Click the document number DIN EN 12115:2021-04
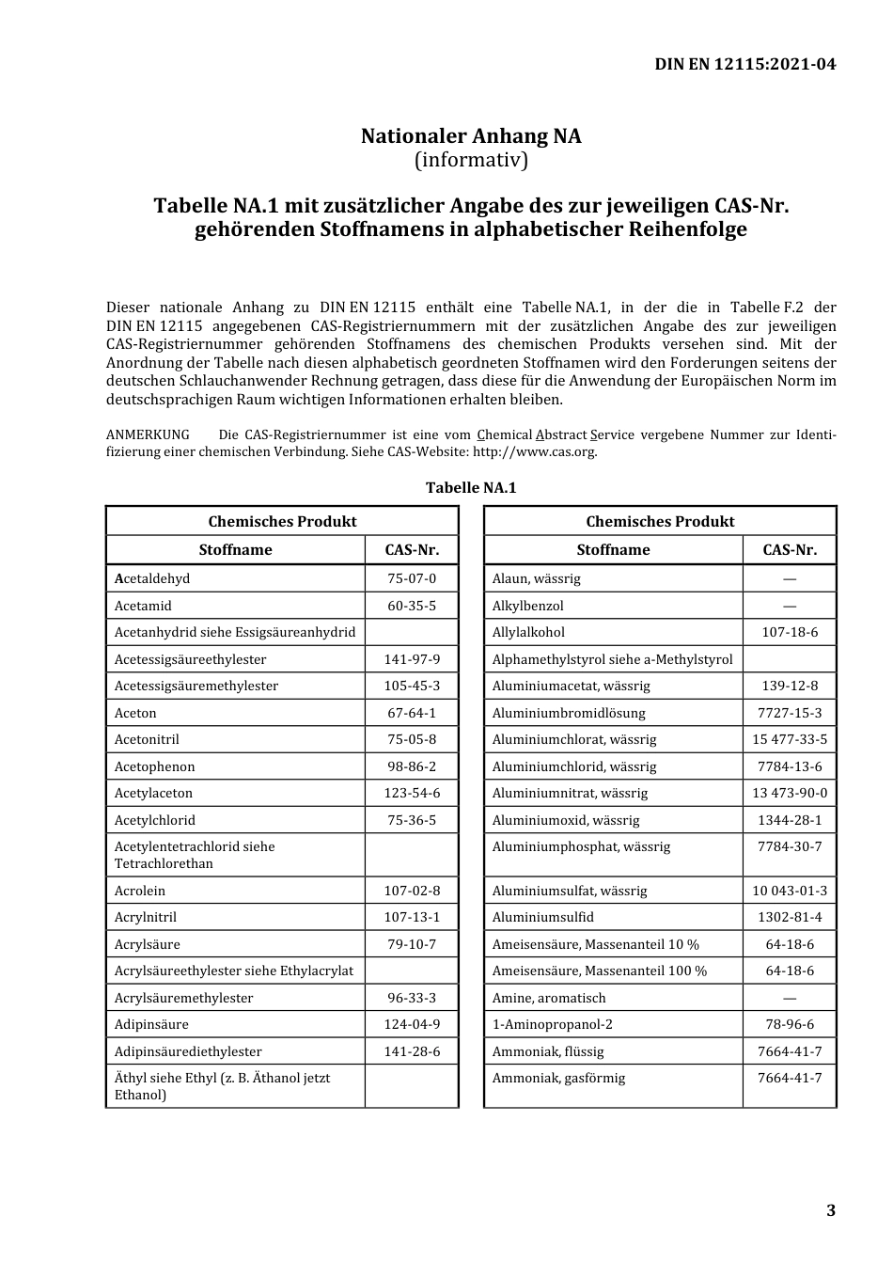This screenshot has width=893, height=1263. point(744,64)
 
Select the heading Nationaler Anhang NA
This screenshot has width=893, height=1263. point(471,136)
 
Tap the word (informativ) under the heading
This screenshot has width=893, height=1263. point(471,160)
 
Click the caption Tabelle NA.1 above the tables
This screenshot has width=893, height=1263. point(471,487)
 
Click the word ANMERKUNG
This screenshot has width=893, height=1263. point(148,434)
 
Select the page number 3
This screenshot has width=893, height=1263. point(830,1210)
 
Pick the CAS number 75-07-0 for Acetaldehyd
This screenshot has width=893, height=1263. point(412,578)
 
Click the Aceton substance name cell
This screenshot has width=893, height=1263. point(136,713)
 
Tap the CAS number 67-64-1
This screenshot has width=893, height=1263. point(412,713)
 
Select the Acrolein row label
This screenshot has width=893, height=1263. point(140,891)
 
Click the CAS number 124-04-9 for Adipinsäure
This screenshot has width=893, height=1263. point(412,1024)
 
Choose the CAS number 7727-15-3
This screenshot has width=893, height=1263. point(790,713)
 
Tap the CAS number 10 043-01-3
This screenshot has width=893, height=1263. point(790,891)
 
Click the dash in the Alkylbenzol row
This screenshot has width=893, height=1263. point(790,606)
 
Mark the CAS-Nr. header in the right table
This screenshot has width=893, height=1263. point(790,550)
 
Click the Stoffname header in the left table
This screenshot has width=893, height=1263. point(235,550)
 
